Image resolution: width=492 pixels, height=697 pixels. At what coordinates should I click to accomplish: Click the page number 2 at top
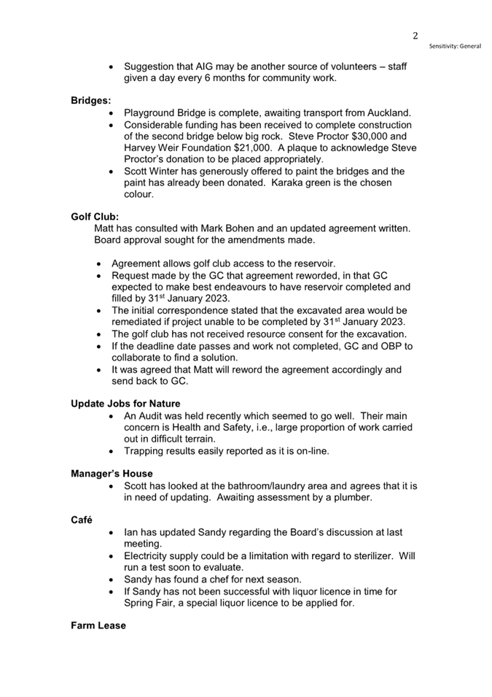pos(415,35)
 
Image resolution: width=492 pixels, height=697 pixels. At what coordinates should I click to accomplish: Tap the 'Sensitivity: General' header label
pos(455,46)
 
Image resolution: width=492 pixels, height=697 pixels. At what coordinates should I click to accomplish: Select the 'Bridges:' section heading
pos(91,101)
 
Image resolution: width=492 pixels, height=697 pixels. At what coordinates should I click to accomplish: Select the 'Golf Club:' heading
pos(95,216)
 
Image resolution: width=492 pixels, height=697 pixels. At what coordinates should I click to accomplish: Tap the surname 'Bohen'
pos(254,228)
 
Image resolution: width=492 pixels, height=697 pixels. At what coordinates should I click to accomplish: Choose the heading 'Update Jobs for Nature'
pos(125,404)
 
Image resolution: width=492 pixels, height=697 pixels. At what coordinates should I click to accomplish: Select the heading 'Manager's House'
pos(112,474)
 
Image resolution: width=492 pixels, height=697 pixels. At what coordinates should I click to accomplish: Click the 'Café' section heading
pos(82,520)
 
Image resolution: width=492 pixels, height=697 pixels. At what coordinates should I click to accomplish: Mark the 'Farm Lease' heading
pos(98,625)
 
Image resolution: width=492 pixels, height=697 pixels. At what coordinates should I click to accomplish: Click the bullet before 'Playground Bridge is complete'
pos(111,113)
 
